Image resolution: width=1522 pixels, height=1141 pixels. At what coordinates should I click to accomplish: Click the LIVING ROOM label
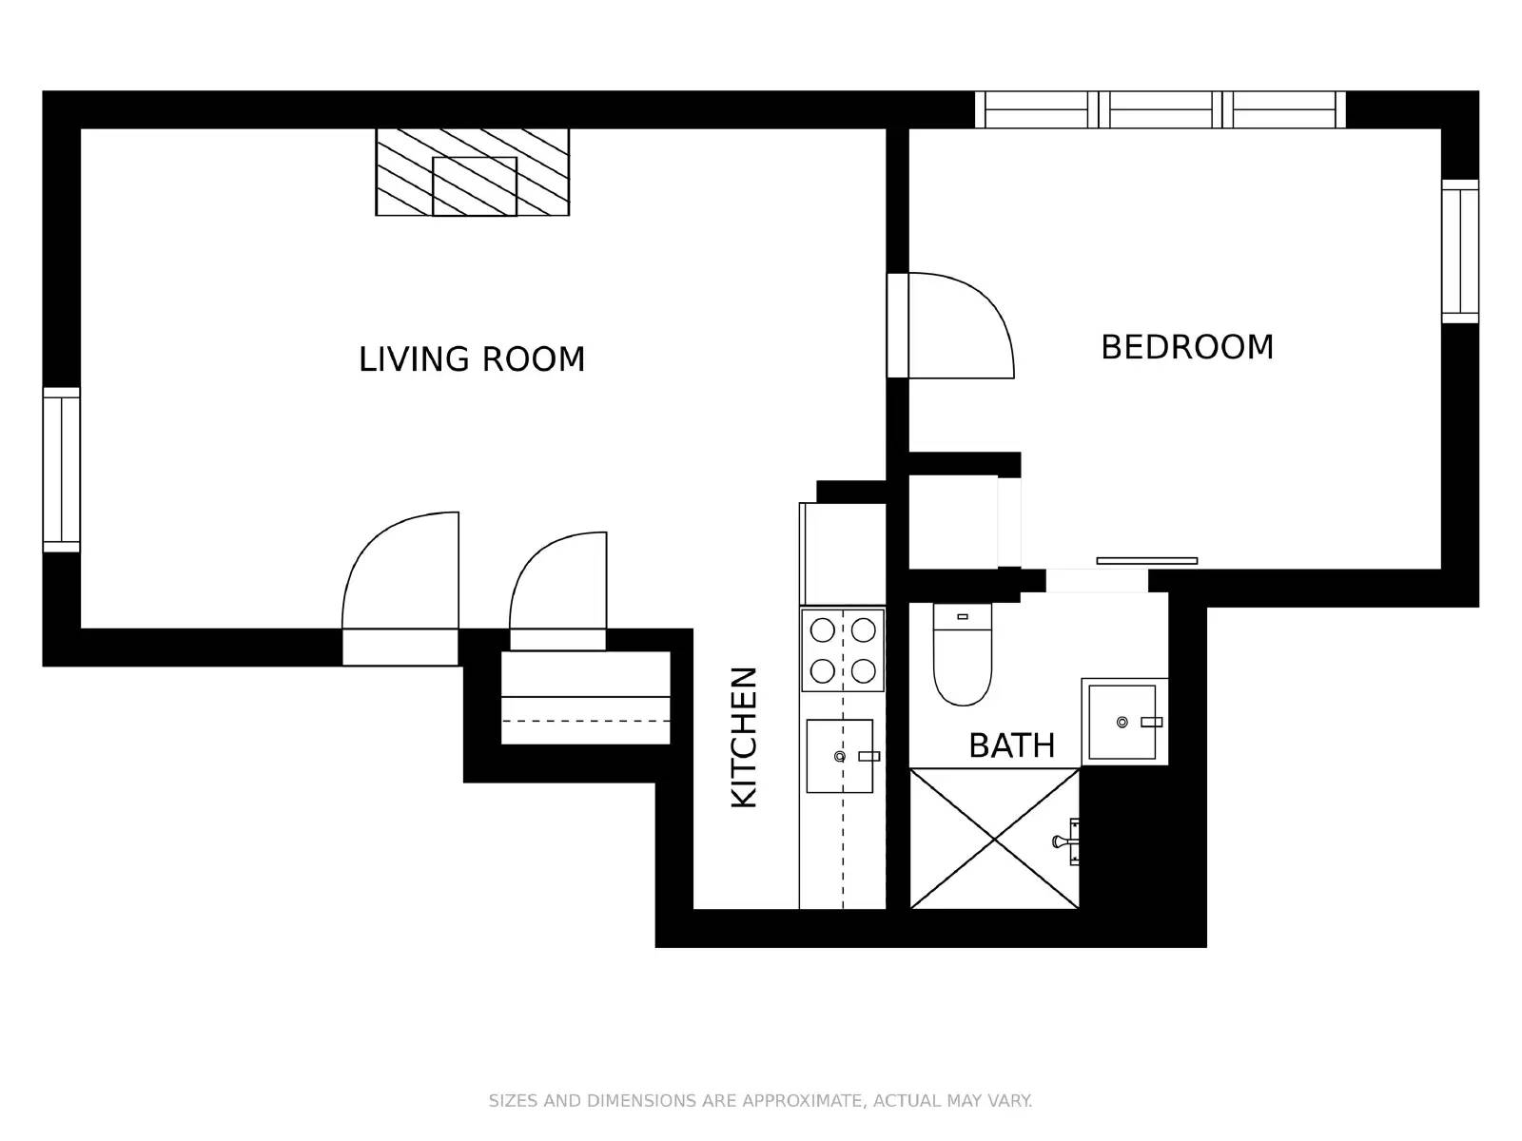472,359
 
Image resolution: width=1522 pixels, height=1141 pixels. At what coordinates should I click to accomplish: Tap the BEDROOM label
1186,347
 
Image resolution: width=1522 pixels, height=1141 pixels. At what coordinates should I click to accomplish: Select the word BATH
1011,745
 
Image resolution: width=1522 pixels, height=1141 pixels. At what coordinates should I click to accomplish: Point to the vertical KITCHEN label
744,737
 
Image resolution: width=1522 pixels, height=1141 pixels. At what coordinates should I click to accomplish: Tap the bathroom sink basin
1122,722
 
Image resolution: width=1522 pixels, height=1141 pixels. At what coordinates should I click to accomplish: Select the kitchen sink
839,756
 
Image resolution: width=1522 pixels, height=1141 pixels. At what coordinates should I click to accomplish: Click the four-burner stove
843,650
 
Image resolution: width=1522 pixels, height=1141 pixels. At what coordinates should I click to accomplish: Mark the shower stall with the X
994,839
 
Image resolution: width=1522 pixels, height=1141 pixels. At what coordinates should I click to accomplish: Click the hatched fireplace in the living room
473,172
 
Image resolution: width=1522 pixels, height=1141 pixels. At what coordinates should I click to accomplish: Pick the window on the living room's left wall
62,469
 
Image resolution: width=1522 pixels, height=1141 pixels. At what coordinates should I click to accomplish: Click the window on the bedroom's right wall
1459,251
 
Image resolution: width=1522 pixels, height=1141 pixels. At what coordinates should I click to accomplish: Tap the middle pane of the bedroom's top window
1161,110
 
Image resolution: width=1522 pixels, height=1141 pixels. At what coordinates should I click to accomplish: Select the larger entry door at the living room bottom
400,580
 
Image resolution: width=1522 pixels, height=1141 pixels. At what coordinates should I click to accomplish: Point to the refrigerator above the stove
843,553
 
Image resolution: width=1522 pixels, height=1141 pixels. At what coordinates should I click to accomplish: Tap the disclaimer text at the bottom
760,1100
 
